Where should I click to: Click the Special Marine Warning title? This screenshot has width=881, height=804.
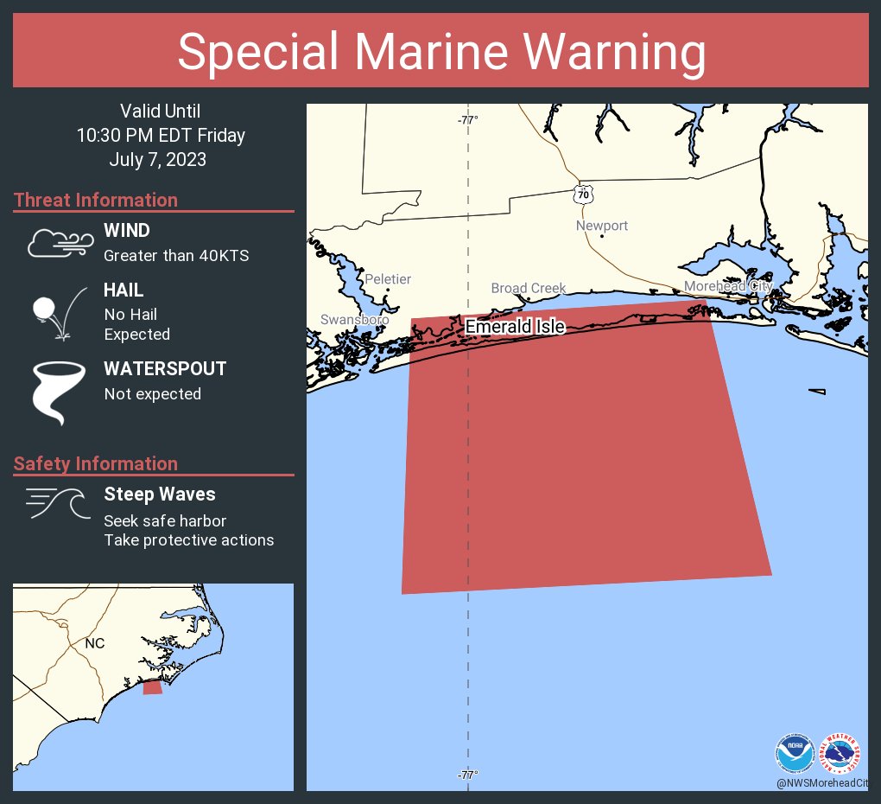click(440, 52)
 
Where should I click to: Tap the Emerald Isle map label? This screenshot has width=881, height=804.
click(515, 327)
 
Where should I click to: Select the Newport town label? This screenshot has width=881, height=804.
click(602, 226)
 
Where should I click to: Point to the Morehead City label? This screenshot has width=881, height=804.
click(727, 286)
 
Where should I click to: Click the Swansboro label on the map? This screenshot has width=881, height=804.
click(354, 319)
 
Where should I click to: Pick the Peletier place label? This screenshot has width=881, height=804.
click(388, 279)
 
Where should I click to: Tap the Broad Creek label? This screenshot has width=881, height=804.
click(528, 288)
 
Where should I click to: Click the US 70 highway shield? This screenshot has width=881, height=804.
click(584, 195)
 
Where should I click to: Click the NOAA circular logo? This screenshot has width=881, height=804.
click(795, 754)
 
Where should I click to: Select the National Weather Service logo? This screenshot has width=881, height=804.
click(840, 754)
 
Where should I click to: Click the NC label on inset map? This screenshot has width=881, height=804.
click(94, 643)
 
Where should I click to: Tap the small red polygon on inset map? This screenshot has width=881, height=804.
click(152, 687)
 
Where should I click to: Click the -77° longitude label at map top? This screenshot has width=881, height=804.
click(467, 120)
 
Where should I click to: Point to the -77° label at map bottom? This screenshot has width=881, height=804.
click(467, 775)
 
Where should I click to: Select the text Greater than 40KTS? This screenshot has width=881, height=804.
click(176, 256)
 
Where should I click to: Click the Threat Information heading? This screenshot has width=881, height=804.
click(96, 200)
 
